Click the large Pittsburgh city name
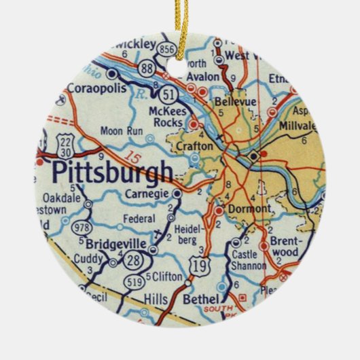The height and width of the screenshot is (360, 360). (112, 173)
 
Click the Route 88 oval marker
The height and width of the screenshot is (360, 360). (147, 69)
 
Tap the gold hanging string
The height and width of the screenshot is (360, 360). (179, 20)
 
